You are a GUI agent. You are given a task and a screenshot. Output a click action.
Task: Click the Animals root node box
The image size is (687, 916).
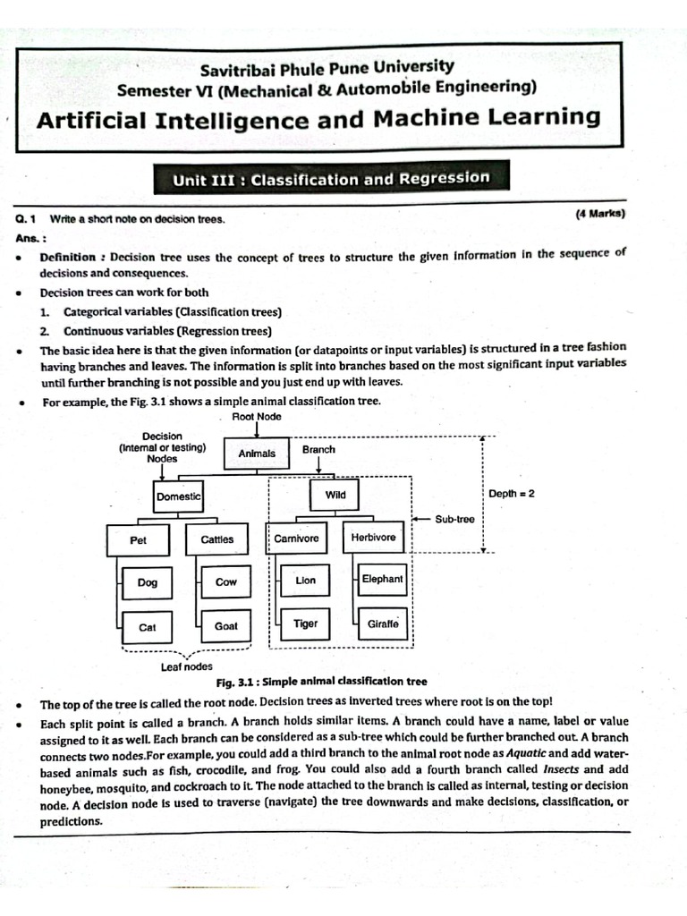point(257,454)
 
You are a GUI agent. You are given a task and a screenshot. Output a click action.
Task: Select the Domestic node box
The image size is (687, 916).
point(178,496)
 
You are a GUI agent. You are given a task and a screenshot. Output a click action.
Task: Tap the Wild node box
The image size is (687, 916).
point(335,495)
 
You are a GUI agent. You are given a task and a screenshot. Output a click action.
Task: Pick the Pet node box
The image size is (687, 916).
point(138,540)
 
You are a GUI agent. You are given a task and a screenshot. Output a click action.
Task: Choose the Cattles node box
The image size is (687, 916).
point(216,539)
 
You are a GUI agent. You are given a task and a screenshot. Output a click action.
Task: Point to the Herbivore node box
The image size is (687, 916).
point(373,539)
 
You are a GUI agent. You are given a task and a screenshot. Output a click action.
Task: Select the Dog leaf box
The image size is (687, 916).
point(148,582)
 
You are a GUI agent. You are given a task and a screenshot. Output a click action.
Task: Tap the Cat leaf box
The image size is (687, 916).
point(148,627)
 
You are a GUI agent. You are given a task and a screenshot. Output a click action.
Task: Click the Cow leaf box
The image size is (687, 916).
point(226,582)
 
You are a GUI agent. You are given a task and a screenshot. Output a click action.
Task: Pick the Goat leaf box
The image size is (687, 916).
point(226,626)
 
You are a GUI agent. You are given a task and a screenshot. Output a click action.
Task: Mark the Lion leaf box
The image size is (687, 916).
point(305,581)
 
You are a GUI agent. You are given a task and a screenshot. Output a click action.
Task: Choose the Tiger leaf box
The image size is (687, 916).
point(305,623)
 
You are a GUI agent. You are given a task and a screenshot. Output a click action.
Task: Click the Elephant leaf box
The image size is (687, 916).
point(382,580)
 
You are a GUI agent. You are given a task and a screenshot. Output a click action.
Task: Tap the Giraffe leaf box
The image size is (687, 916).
point(383,623)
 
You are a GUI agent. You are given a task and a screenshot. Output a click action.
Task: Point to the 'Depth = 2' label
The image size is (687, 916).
point(512,494)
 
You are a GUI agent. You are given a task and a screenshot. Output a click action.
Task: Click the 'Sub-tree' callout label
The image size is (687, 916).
point(454,519)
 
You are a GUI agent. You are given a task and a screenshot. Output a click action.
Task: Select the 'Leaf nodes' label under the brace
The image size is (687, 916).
point(186,666)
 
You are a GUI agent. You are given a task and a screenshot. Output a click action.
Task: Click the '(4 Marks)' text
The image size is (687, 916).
point(599,213)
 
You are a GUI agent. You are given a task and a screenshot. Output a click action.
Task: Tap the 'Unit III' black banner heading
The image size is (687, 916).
point(331,178)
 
